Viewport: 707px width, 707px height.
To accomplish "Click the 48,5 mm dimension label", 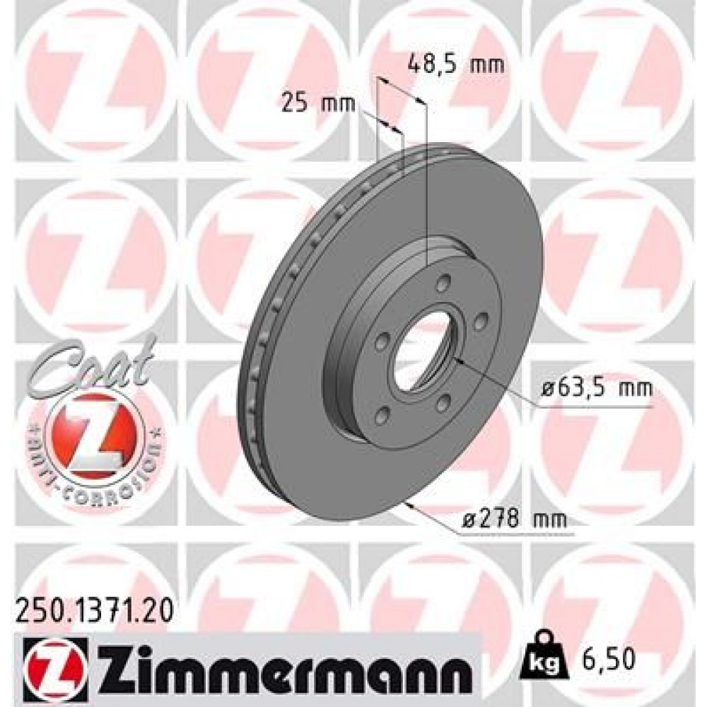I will tap(457, 65).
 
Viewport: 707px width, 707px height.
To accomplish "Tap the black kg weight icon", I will tap(542, 658).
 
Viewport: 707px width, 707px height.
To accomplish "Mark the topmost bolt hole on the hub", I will tap(443, 285).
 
